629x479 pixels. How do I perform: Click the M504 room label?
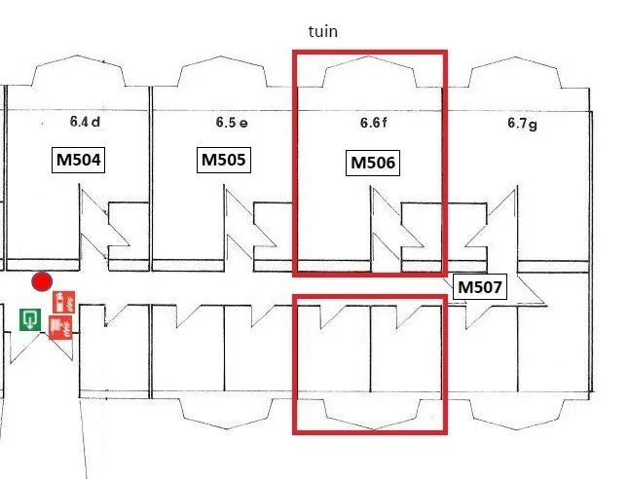point(78,160)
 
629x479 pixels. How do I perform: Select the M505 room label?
point(224,160)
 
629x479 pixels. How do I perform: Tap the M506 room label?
point(373,163)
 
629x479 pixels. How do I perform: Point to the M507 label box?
point(480,287)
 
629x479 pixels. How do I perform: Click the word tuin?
point(323,31)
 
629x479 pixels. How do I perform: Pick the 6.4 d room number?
point(85,122)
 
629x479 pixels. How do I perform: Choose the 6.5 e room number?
point(232,123)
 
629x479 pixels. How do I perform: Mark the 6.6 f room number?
point(374,123)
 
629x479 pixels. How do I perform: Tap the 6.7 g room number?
point(522,124)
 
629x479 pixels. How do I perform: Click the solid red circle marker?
point(42,281)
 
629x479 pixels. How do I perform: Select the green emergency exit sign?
point(30,319)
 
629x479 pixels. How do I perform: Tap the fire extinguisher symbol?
point(64,302)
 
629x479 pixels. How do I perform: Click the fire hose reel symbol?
point(60,327)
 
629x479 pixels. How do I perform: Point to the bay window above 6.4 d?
point(78,56)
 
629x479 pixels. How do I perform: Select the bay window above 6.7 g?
point(515,58)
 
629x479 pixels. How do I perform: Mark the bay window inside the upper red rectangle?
point(369,57)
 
